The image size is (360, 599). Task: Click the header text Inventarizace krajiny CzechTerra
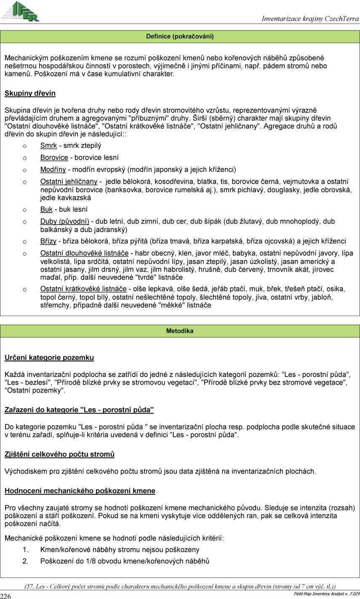point(310,19)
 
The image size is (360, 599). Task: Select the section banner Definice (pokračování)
point(180,37)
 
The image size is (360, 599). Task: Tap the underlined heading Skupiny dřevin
point(30,93)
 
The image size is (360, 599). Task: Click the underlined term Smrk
point(48,146)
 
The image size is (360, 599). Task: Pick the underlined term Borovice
point(54,158)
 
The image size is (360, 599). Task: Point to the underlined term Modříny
point(53,169)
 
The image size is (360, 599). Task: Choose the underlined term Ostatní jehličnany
point(69,182)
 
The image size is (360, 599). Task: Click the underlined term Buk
point(46,209)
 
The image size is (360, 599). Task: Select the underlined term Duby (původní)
point(64,221)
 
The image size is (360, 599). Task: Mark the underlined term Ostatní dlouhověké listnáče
point(84,253)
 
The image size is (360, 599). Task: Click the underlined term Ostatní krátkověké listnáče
point(83,289)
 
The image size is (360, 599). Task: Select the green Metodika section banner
point(180,331)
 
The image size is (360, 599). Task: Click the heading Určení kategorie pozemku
point(49,358)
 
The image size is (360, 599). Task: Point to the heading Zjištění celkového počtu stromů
point(59,454)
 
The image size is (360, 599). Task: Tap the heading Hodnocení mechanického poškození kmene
point(80,491)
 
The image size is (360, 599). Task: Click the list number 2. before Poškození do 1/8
point(25,561)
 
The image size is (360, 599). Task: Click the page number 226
point(5,596)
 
